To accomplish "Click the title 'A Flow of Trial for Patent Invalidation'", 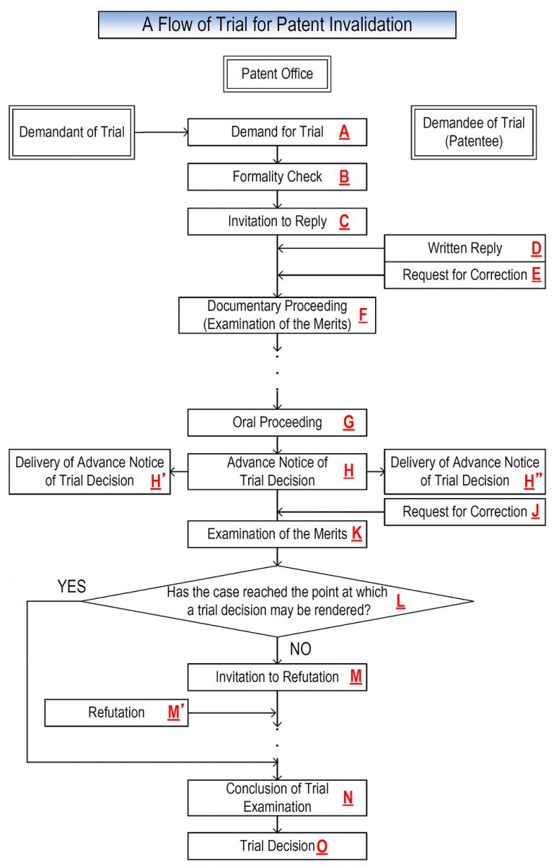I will (x=277, y=25).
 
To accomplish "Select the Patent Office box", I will (x=277, y=74).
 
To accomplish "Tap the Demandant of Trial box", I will (x=72, y=132).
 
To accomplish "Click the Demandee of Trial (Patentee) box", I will (x=474, y=132).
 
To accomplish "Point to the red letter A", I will (x=344, y=133).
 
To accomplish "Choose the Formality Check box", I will (x=277, y=177).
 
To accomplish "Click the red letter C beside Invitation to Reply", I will (x=344, y=222).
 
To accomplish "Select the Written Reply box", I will (x=465, y=249).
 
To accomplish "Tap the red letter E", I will (x=536, y=276).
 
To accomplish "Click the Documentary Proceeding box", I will (x=277, y=315).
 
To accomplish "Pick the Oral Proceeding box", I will (x=277, y=423).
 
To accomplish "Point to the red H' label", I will (x=157, y=482).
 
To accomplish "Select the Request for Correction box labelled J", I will (x=465, y=512).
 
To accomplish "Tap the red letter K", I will (x=356, y=535).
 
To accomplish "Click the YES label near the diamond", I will (x=71, y=587).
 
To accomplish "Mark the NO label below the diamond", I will (x=300, y=649).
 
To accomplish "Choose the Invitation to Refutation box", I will (x=277, y=678).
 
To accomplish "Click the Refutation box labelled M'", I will (x=116, y=712).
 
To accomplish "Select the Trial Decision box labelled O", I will (x=277, y=846).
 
